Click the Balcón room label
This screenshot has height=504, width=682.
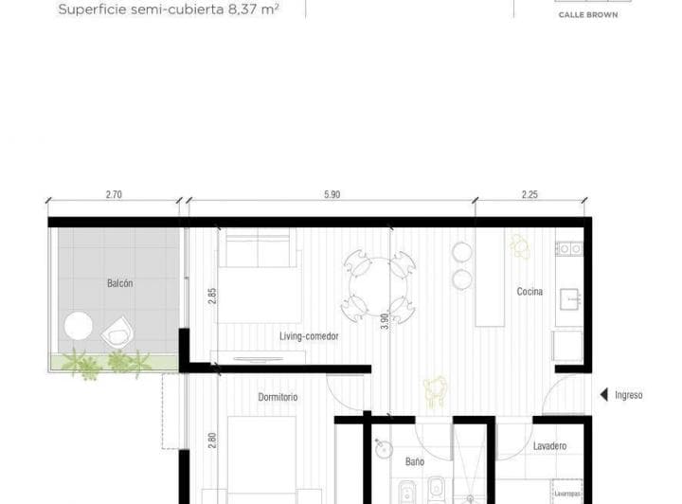pyautogui.click(x=120, y=283)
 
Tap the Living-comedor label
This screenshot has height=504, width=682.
pyautogui.click(x=309, y=336)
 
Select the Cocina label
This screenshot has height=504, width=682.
pyautogui.click(x=529, y=292)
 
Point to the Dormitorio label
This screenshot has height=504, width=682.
pyautogui.click(x=278, y=397)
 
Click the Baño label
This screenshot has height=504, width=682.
pyautogui.click(x=415, y=462)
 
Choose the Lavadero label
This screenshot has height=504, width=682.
pyautogui.click(x=549, y=445)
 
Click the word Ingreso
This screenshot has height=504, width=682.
pyautogui.click(x=628, y=395)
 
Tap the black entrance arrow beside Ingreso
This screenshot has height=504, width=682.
pyautogui.click(x=601, y=395)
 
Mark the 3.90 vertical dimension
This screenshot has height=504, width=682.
pyautogui.click(x=384, y=321)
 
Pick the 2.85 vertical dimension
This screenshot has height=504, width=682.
pyautogui.click(x=213, y=295)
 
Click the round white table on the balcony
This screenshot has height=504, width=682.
pyautogui.click(x=78, y=328)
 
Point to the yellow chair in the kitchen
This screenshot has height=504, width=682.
pyautogui.click(x=520, y=246)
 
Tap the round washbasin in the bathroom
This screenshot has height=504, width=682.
pyautogui.click(x=383, y=449)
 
